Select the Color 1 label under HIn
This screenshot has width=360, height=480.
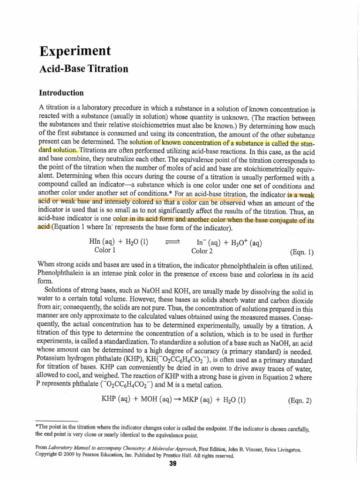106,250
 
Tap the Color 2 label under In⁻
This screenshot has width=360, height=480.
202,250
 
